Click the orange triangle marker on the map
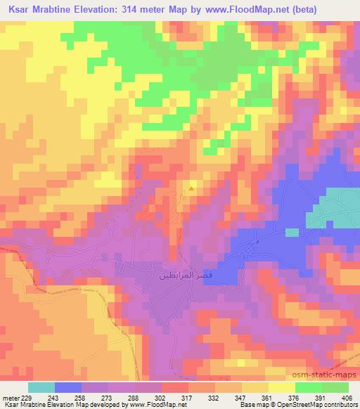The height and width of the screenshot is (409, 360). point(191,188)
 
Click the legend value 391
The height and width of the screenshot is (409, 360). point(320,398)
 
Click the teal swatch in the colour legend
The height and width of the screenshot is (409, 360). point(41,387)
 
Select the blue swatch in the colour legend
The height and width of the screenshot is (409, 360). point(68,387)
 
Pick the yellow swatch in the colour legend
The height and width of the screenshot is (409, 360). point(282,387)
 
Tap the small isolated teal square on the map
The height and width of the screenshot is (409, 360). point(292,233)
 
